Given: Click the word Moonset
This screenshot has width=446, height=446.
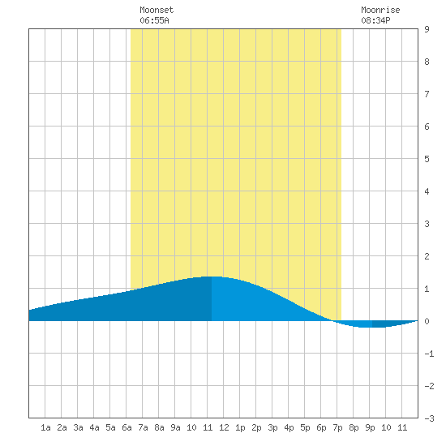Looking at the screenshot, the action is [157, 10].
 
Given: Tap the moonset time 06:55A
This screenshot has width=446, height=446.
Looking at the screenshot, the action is [154, 20].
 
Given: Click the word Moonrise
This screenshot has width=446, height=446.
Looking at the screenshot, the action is [380, 10].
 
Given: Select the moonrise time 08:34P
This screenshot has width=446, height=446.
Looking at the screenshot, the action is [375, 20].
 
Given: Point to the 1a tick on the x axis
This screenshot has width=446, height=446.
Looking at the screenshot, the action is [45, 427].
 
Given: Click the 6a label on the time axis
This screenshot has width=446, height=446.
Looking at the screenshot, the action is [127, 427].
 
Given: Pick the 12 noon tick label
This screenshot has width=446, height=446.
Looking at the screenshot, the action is [224, 427].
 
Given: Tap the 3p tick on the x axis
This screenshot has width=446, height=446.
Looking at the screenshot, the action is [272, 427].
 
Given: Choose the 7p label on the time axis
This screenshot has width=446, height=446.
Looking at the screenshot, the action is [337, 427].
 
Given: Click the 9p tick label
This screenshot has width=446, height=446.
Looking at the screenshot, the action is [370, 427].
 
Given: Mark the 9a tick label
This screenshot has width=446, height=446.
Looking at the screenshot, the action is [175, 427].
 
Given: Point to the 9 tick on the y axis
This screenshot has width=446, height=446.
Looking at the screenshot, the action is [427, 29].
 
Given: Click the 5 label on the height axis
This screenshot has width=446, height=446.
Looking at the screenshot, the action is [427, 159].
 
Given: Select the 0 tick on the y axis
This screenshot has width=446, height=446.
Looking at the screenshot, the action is [427, 321].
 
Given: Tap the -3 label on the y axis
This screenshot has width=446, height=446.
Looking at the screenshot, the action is [429, 418].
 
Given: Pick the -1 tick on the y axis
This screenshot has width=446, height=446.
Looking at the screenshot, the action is [429, 354].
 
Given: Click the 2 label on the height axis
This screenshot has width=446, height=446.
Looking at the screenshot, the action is [427, 256].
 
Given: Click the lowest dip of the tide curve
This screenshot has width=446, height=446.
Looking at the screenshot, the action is [370, 328].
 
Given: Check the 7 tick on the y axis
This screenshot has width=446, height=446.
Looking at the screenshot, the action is [427, 94].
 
